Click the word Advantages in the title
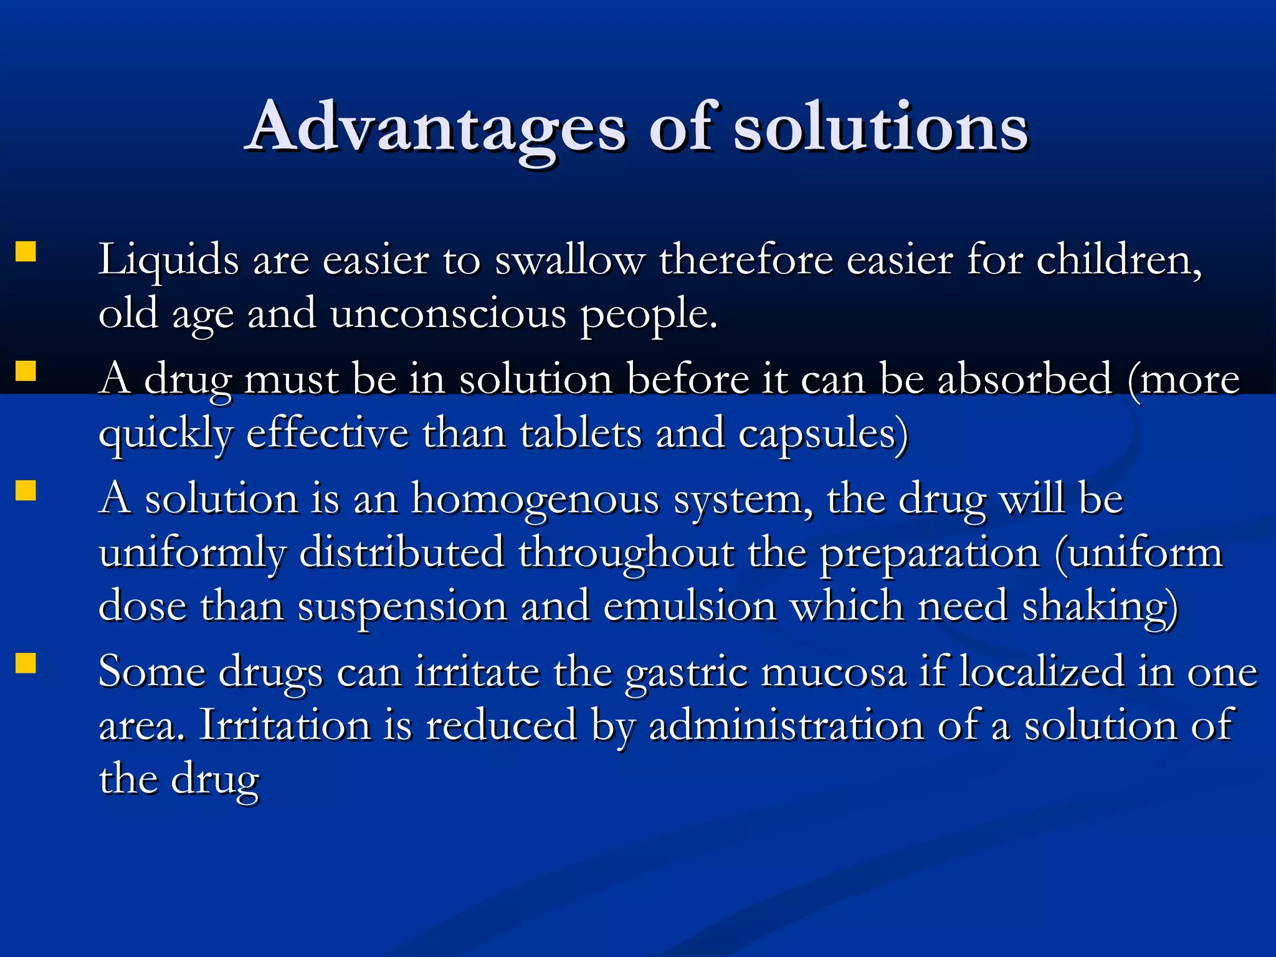pyautogui.click(x=437, y=128)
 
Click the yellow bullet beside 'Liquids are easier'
pyautogui.click(x=26, y=252)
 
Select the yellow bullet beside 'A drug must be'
pyautogui.click(x=26, y=371)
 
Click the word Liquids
pyautogui.click(x=168, y=259)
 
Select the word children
pyautogui.click(x=1118, y=259)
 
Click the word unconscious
pyautogui.click(x=448, y=313)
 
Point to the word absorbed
pyautogui.click(x=1024, y=379)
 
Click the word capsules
pyautogui.click(x=822, y=433)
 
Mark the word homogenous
pyautogui.click(x=535, y=499)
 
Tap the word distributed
pyautogui.click(x=402, y=553)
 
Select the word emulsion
pyautogui.click(x=690, y=606)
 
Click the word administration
pyautogui.click(x=786, y=726)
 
